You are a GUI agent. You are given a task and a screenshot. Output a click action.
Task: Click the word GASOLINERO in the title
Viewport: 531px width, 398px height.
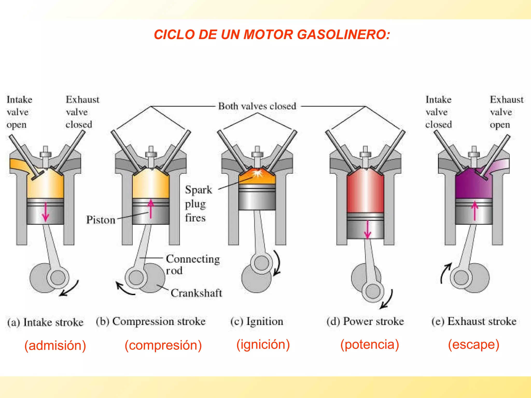coord(343,34)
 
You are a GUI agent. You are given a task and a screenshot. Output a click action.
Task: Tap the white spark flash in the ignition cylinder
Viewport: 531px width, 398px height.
coord(257,173)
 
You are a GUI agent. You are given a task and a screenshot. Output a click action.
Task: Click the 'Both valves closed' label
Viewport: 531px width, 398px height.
coord(257,106)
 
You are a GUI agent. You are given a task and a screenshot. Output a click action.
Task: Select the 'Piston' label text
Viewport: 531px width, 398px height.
coord(101,220)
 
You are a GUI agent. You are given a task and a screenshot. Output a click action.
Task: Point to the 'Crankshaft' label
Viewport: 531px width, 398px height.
coord(196,293)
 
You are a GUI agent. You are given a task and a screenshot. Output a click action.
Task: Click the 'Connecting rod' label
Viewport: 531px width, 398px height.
coord(192,264)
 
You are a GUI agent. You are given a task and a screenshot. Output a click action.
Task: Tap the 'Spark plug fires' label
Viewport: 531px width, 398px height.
coord(198,204)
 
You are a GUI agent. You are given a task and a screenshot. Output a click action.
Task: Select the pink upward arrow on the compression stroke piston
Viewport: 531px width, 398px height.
coord(151,209)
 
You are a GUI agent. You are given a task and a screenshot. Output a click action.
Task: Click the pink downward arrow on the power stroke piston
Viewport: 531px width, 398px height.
coord(367,230)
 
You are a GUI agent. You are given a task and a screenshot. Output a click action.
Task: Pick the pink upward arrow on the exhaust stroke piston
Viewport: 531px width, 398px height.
coord(475,211)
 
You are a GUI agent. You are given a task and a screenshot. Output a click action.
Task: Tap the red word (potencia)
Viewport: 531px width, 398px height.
coord(369,344)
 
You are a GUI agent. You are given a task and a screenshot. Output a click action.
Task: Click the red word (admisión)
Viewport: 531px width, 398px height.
coord(55,345)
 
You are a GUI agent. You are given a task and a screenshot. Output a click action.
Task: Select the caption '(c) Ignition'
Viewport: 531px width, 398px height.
coord(257,321)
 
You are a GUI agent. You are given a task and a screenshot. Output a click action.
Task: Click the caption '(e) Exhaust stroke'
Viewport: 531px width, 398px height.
coord(474,321)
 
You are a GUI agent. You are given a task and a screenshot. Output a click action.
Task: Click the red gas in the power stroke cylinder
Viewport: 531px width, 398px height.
coord(365,192)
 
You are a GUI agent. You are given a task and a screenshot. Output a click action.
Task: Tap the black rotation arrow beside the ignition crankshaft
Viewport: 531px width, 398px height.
coord(277,263)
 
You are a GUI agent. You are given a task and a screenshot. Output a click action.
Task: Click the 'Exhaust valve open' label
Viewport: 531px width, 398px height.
coord(506,112)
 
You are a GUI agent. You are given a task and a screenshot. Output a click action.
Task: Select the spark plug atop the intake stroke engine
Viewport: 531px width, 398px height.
coord(45,155)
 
